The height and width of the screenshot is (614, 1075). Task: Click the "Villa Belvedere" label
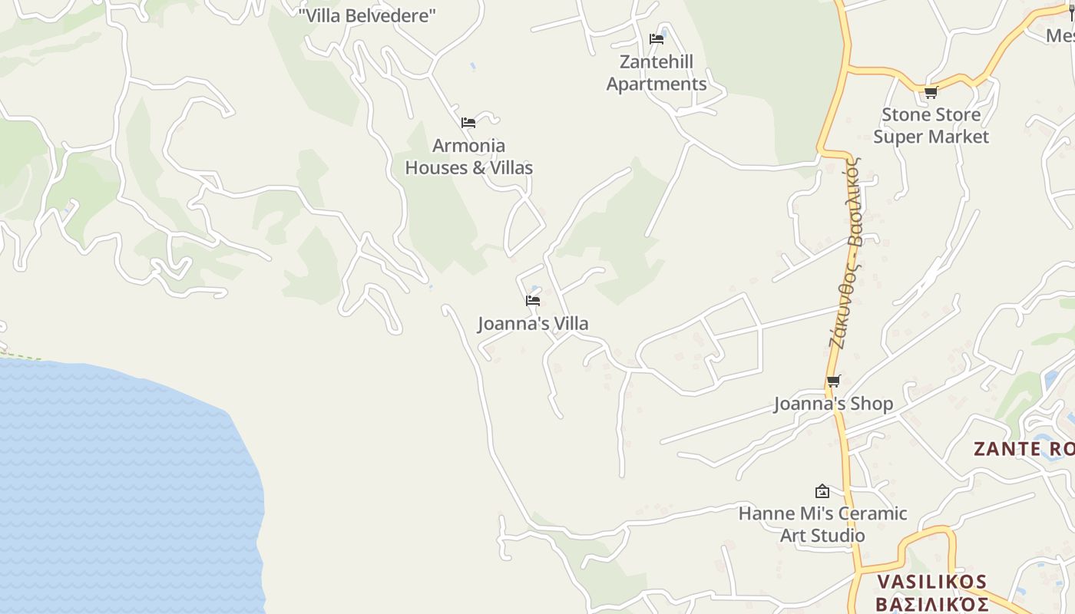[x=367, y=15]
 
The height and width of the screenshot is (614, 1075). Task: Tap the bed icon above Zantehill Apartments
[x=657, y=38]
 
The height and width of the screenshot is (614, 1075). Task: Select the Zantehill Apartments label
[x=657, y=73]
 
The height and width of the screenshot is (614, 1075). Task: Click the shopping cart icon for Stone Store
[x=931, y=93]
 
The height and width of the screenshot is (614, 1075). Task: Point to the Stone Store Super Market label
[x=931, y=126]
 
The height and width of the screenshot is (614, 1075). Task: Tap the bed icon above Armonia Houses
[x=468, y=123]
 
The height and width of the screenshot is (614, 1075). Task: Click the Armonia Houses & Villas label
[x=468, y=157]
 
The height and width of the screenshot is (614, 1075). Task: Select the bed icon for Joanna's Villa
[x=533, y=301]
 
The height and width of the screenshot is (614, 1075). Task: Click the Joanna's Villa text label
[x=533, y=324]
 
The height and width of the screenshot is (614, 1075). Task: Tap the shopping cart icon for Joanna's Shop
[x=834, y=381]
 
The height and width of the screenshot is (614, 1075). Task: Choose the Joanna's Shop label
[x=834, y=404]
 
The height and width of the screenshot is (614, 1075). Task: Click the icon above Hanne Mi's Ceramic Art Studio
[x=822, y=491]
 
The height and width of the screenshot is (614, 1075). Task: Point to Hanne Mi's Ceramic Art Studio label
[x=822, y=524]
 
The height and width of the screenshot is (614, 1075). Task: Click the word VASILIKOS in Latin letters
[x=931, y=581]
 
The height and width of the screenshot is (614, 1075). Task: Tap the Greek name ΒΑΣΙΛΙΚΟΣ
[x=931, y=604]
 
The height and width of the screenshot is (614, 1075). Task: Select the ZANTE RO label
[x=1024, y=449]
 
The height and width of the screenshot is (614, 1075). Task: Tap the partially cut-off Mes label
[x=1060, y=35]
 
